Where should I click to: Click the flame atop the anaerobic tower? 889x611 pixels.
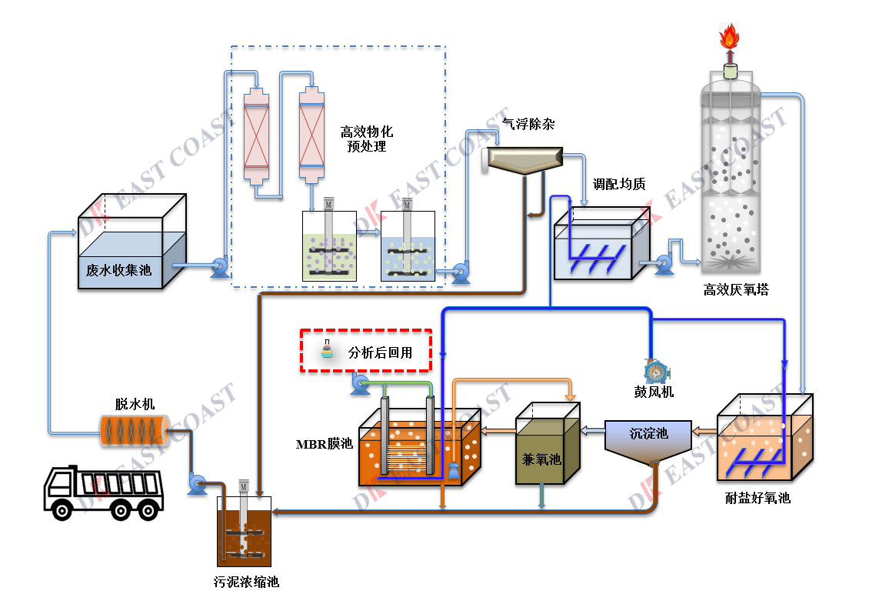click(728, 36)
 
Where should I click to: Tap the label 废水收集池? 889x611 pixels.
click(118, 270)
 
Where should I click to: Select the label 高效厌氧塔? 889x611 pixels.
click(735, 290)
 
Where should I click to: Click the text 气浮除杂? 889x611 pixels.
click(528, 123)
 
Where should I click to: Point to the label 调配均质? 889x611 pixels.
click(618, 184)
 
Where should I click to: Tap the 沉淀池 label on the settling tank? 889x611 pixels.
click(648, 433)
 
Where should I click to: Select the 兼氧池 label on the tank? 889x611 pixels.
click(541, 459)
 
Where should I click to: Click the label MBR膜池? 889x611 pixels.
click(324, 444)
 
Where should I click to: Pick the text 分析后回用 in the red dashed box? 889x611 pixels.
click(380, 353)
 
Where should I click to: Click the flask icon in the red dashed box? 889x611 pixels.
click(328, 351)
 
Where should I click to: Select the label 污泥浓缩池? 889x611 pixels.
click(246, 582)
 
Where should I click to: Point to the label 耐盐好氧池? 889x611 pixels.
click(757, 498)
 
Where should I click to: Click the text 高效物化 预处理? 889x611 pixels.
click(367, 139)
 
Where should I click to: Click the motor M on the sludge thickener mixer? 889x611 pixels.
click(243, 487)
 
